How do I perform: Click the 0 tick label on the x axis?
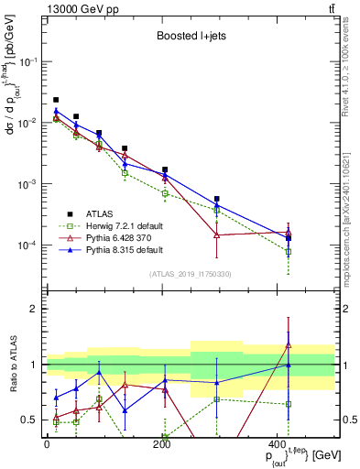[x=46, y=444]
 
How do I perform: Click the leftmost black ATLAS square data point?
[x=56, y=100]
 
